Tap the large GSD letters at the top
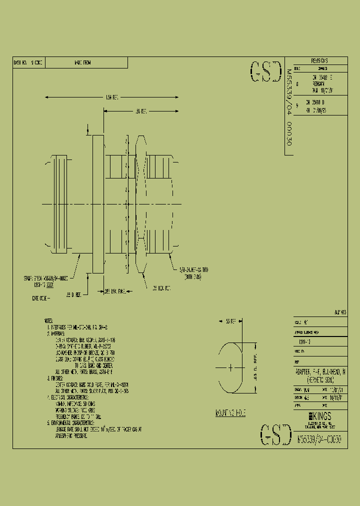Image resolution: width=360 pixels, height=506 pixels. [x=265, y=73]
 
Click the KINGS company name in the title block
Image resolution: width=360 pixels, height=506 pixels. [x=322, y=416]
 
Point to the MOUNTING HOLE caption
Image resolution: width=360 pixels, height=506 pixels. [x=230, y=413]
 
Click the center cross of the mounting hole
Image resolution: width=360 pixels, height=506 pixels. [x=230, y=368]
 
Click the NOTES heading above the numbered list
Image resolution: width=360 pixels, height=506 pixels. [x=48, y=320]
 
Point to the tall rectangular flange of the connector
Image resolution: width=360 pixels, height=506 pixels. [x=98, y=204]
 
